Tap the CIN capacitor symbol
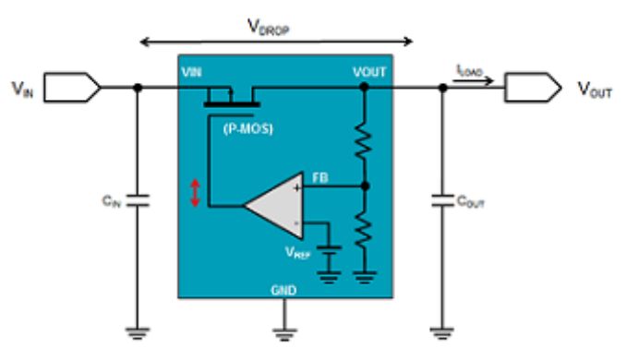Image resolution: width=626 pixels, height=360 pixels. (x=138, y=200)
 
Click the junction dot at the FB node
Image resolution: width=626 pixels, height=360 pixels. (x=365, y=186)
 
